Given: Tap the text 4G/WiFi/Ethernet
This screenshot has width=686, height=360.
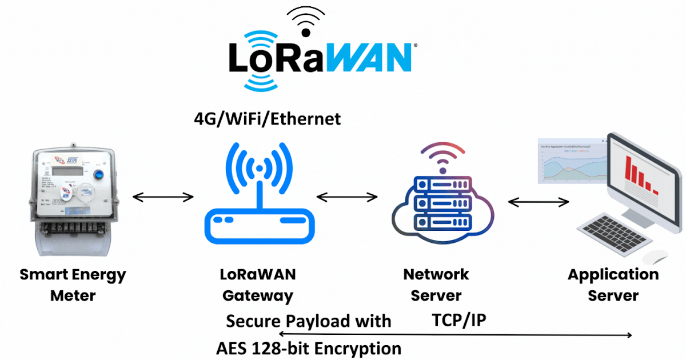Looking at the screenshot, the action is [267, 119].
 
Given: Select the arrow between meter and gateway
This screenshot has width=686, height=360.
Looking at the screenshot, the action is [163, 198].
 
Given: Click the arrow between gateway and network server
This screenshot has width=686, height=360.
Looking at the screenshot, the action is [346, 198].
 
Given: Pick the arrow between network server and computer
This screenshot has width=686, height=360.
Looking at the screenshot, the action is [539, 202].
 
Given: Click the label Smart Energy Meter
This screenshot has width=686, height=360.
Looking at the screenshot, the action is [73, 285].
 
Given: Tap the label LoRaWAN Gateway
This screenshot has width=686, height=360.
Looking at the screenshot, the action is [258, 285].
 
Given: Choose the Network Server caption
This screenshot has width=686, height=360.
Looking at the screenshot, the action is [436, 285].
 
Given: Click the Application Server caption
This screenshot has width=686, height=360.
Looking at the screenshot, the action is [613, 285].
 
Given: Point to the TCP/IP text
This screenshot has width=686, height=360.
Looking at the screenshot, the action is [458, 320].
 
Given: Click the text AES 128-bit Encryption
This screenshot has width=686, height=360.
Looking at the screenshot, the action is [309, 348].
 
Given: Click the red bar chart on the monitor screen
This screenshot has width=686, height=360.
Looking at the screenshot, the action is [640, 174].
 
